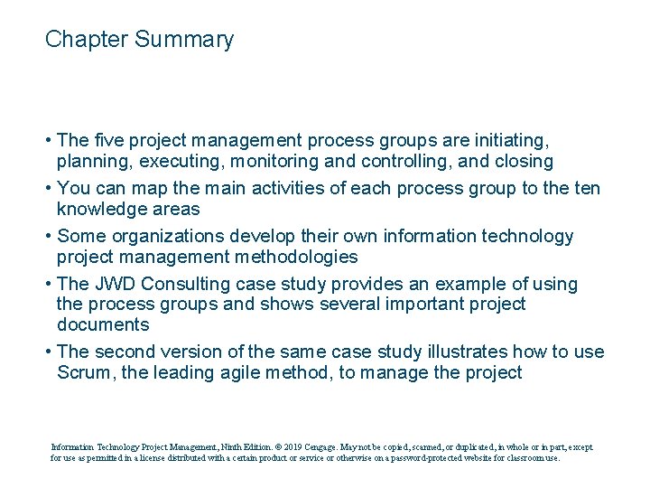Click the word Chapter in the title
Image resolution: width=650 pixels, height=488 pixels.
(x=87, y=40)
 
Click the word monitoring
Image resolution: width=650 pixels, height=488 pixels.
(x=274, y=162)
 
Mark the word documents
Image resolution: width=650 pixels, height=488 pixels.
(x=103, y=324)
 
